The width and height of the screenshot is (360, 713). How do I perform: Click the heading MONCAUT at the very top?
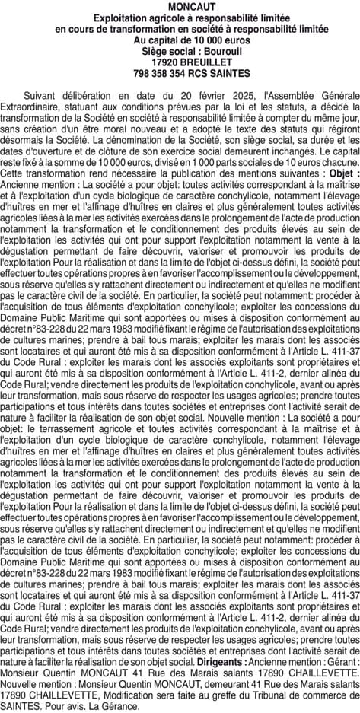[x=180, y=6]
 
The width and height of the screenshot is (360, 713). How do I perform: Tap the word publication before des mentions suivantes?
[x=175, y=173]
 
